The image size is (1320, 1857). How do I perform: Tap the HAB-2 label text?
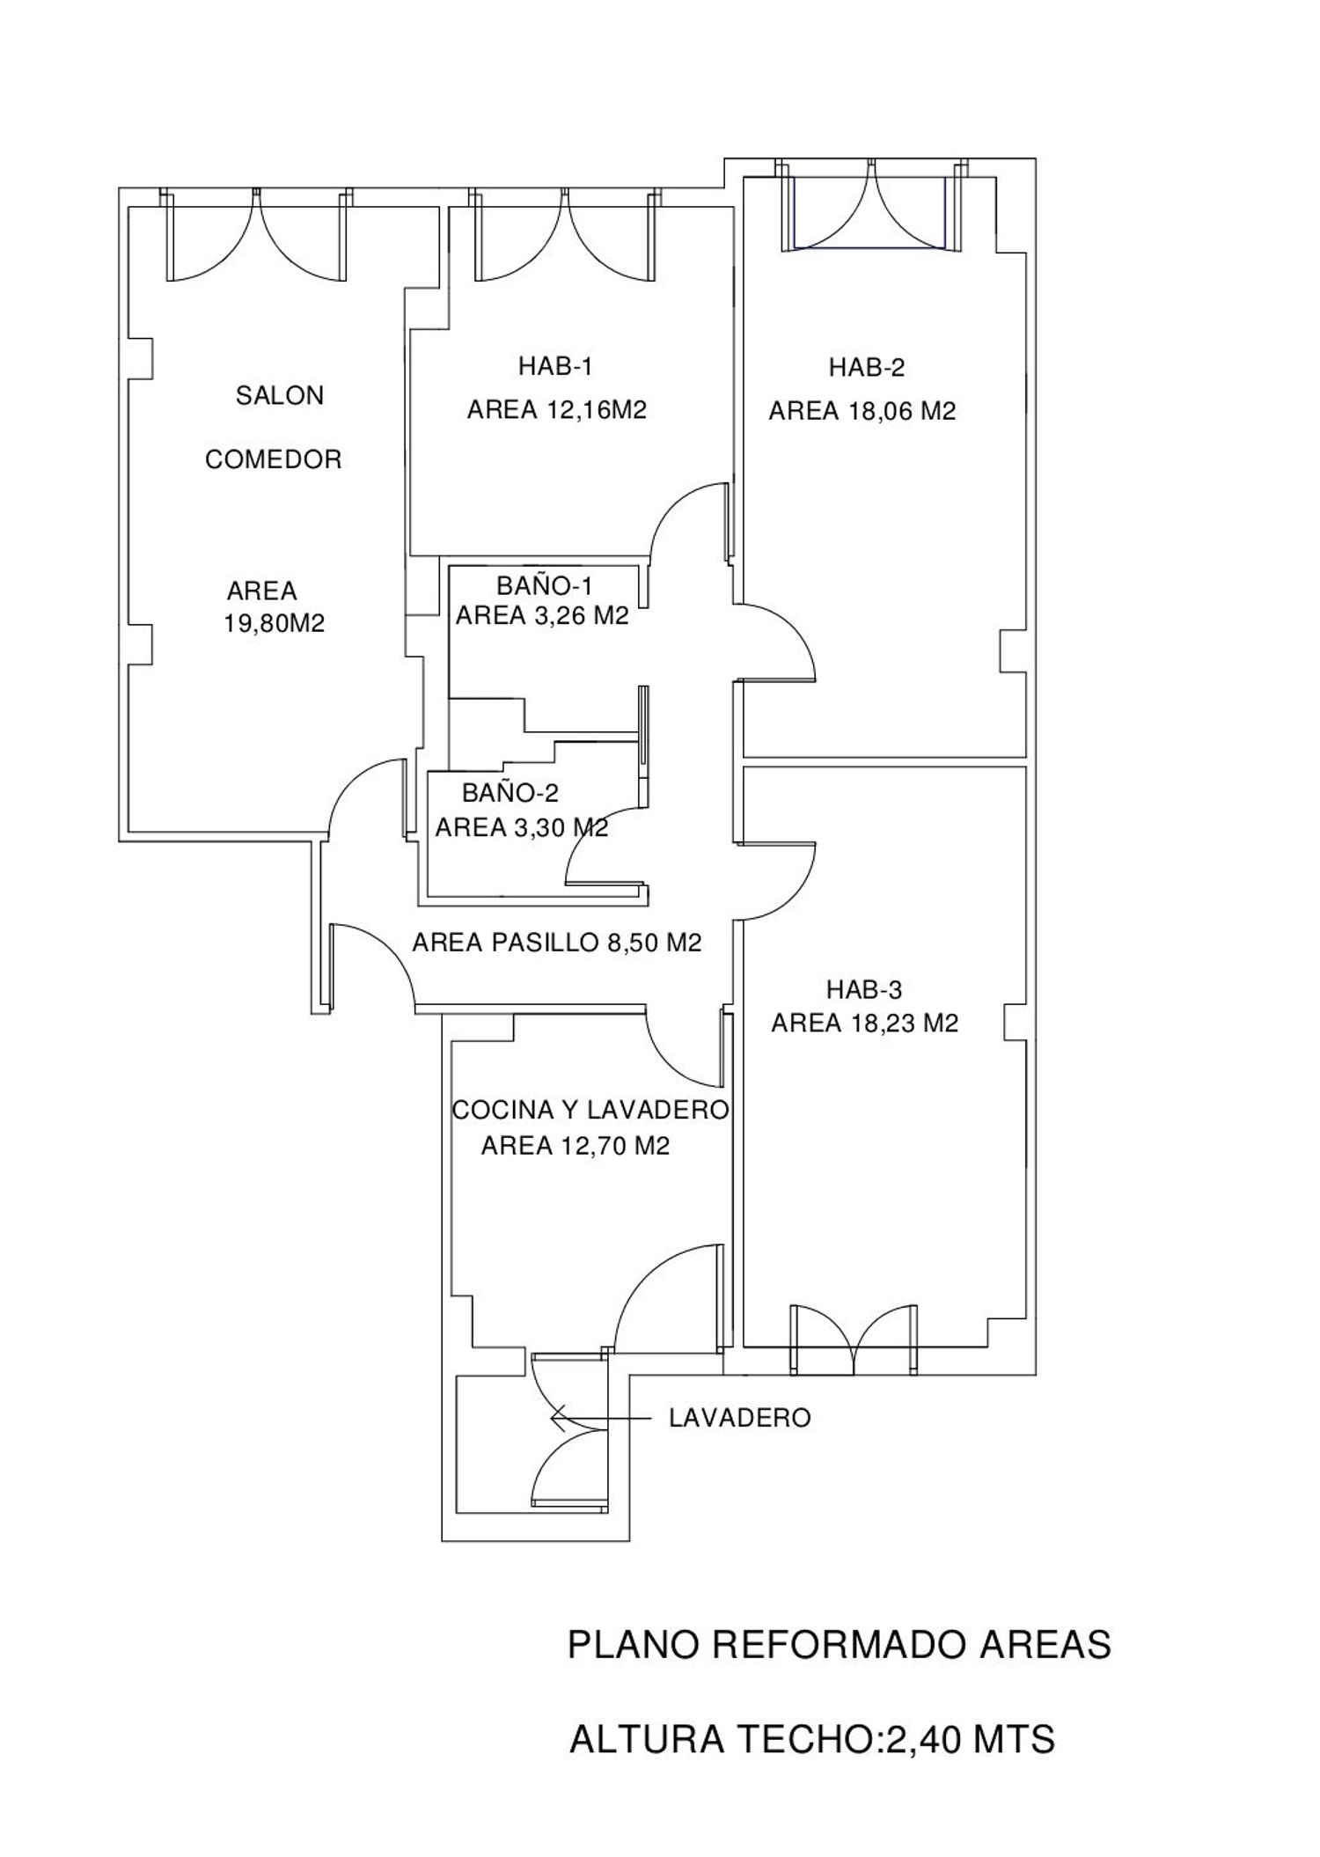pyautogui.click(x=867, y=368)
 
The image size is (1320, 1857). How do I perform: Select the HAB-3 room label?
pyautogui.click(x=864, y=990)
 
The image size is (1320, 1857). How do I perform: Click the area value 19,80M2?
pyautogui.click(x=275, y=623)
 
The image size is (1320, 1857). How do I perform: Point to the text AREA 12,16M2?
pyautogui.click(x=557, y=410)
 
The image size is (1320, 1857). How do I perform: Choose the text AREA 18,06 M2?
pyautogui.click(x=862, y=411)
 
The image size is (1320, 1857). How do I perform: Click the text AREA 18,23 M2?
pyautogui.click(x=865, y=1023)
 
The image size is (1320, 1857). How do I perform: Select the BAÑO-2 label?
pyautogui.click(x=510, y=793)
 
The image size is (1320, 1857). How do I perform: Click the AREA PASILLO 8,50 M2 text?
pyautogui.click(x=557, y=943)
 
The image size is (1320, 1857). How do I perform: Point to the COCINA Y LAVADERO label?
pyautogui.click(x=590, y=1110)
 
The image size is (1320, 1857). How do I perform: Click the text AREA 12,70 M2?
pyautogui.click(x=576, y=1146)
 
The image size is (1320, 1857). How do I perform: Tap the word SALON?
pyautogui.click(x=280, y=396)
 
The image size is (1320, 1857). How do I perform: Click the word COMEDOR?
pyautogui.click(x=274, y=459)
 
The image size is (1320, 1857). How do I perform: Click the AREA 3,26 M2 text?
pyautogui.click(x=542, y=616)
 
